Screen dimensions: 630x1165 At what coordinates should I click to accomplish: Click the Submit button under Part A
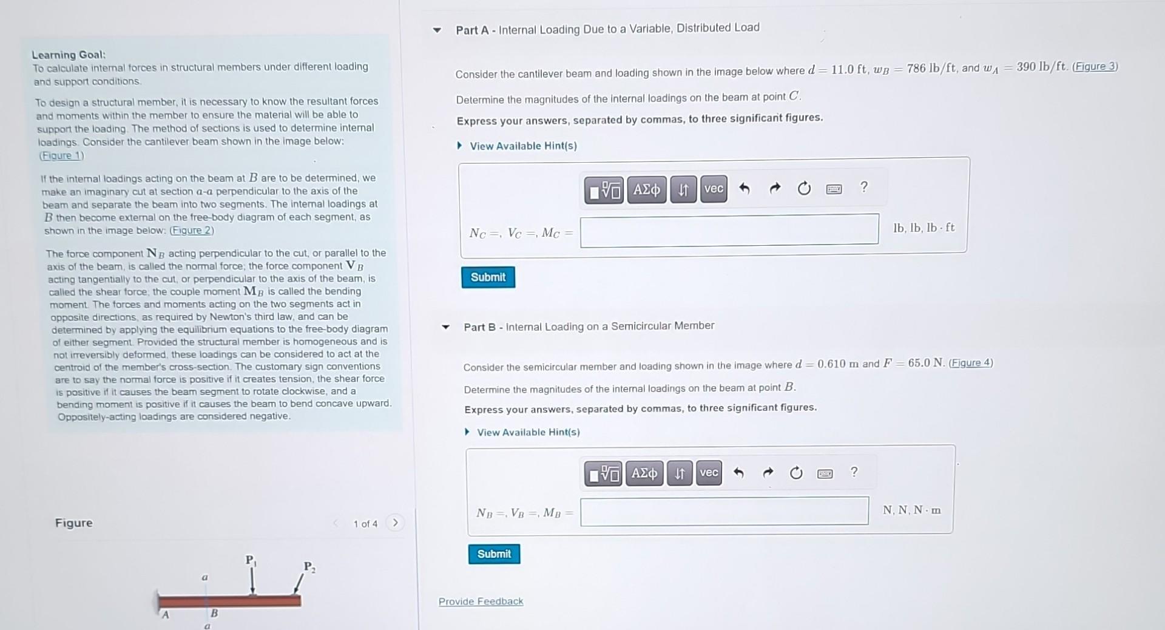click(x=488, y=277)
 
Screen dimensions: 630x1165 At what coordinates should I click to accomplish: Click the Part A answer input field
click(x=729, y=230)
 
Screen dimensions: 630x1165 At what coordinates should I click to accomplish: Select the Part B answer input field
click(x=724, y=511)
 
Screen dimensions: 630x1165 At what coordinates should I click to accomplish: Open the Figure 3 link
click(x=1095, y=66)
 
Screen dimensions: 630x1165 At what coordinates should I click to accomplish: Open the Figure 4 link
click(x=971, y=362)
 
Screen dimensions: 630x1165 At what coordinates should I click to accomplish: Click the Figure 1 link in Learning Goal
click(x=61, y=155)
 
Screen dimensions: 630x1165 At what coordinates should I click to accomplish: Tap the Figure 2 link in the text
click(x=192, y=231)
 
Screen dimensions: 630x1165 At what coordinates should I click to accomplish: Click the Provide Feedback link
click(x=481, y=601)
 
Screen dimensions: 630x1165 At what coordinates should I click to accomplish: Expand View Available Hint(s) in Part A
click(x=522, y=146)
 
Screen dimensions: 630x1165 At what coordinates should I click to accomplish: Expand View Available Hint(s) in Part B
click(x=528, y=432)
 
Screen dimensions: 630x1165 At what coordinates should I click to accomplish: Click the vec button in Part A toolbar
click(x=714, y=189)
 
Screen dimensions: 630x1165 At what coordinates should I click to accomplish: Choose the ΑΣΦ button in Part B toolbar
click(x=644, y=473)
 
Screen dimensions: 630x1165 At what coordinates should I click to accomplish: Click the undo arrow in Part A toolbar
click(x=745, y=189)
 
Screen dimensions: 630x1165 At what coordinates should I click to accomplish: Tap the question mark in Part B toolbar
click(x=854, y=472)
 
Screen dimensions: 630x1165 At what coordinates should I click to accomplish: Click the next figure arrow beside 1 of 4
click(x=395, y=523)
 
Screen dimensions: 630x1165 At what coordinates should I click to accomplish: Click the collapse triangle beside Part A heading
click(x=437, y=30)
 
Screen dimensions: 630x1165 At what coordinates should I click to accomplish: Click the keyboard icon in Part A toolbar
click(x=834, y=189)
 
